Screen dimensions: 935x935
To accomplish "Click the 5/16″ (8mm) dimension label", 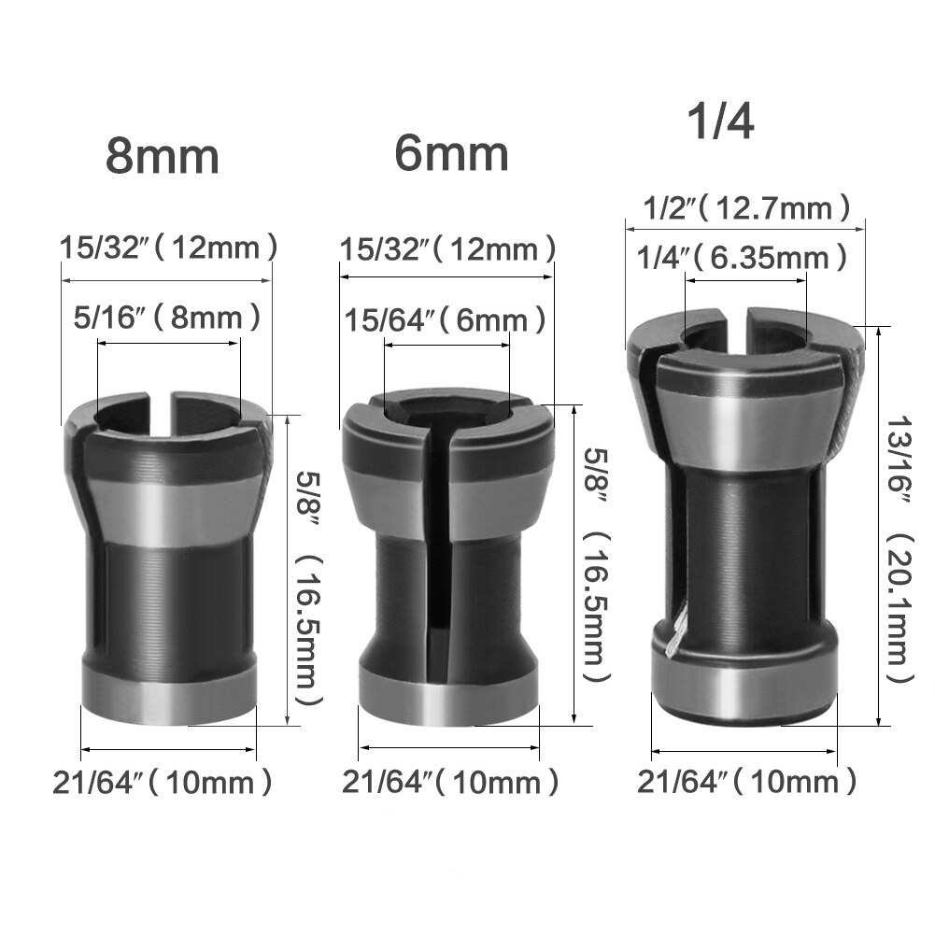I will click(167, 318).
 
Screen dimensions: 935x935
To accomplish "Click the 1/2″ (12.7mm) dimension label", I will click(747, 207).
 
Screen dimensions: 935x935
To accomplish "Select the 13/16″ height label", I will click(896, 457).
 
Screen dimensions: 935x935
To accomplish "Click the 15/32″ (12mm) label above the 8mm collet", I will click(169, 248).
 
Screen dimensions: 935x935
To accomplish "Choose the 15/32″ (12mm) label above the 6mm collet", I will click(447, 249).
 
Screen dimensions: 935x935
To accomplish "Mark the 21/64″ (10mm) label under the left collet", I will click(163, 781).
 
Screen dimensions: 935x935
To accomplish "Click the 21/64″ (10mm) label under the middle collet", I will click(450, 781).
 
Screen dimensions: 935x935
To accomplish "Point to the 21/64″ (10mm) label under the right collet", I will click(746, 781).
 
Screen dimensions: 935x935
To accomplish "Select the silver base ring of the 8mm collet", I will click(169, 692).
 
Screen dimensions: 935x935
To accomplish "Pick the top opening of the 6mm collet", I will click(439, 411).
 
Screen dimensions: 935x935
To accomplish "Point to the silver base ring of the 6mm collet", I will click(449, 692).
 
